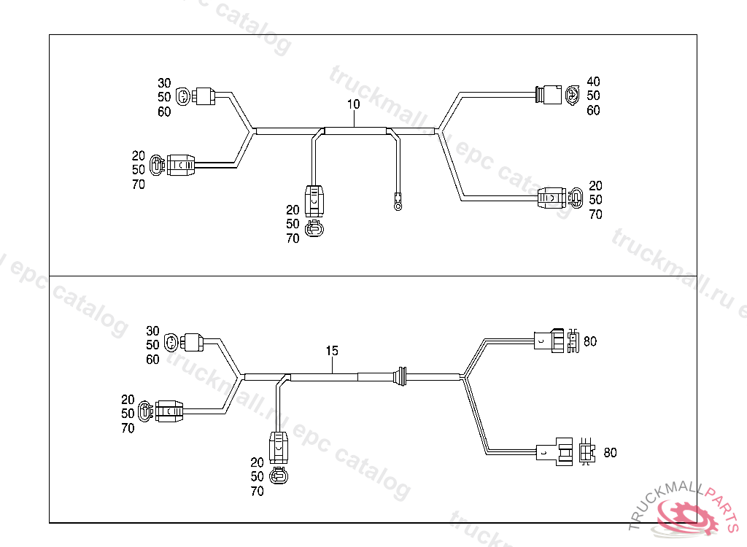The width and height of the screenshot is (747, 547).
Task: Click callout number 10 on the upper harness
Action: [353, 104]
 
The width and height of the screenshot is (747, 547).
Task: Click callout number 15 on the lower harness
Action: [332, 351]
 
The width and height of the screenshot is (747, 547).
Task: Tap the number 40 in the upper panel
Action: [593, 81]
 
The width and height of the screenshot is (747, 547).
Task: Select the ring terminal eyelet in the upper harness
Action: [398, 206]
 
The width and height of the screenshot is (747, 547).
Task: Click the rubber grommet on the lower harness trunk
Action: [400, 376]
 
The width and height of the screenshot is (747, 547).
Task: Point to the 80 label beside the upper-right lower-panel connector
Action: [590, 341]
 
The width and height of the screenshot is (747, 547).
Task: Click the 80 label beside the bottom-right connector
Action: [610, 453]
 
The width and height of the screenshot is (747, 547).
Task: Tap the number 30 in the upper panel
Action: [164, 82]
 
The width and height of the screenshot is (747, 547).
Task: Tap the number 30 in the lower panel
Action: [152, 330]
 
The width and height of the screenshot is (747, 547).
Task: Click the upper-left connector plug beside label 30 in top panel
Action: [204, 96]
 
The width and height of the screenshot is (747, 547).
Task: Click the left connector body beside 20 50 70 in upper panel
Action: [179, 166]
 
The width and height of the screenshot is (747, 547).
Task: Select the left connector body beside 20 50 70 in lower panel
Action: [169, 411]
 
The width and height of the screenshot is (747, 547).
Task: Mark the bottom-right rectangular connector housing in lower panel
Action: [554, 453]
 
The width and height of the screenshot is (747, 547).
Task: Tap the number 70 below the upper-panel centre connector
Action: [293, 238]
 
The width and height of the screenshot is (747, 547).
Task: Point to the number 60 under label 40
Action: [593, 110]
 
